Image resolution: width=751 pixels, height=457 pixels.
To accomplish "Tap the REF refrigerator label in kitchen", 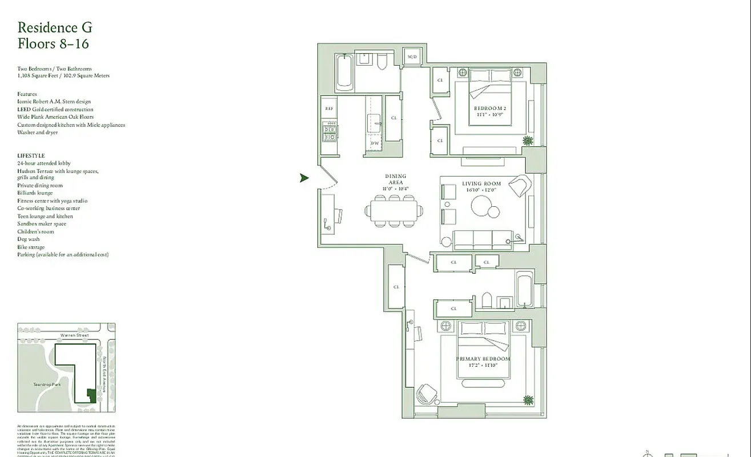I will (x=329, y=108).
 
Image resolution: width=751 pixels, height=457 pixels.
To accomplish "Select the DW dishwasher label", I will (x=375, y=143).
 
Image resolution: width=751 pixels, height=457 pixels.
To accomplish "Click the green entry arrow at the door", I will (x=304, y=178).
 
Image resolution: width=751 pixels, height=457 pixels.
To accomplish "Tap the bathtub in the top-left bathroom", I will (x=345, y=73).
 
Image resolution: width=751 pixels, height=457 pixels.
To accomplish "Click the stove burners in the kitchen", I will (x=330, y=133).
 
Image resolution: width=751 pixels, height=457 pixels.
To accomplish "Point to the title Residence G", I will (x=55, y=27).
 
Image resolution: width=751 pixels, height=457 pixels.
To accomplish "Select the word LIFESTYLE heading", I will (x=31, y=155).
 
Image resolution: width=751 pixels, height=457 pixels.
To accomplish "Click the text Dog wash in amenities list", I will (x=28, y=239).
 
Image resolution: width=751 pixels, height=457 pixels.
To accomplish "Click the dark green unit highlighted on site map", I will (x=90, y=395).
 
